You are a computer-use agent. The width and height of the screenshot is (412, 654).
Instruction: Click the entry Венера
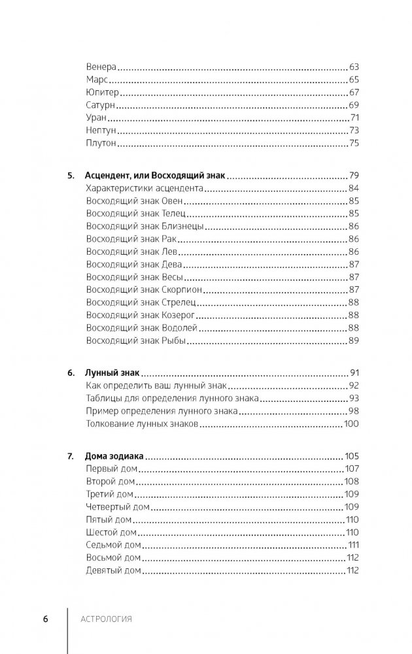(x=100, y=67)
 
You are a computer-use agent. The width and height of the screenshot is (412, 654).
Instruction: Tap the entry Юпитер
(x=103, y=93)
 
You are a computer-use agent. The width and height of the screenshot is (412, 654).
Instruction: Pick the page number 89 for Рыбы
(x=356, y=340)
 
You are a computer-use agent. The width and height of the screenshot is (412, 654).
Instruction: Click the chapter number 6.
(x=71, y=374)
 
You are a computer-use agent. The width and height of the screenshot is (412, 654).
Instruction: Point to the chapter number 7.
(x=71, y=457)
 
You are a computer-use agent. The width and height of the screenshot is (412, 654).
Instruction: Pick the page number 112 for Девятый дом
(x=354, y=570)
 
